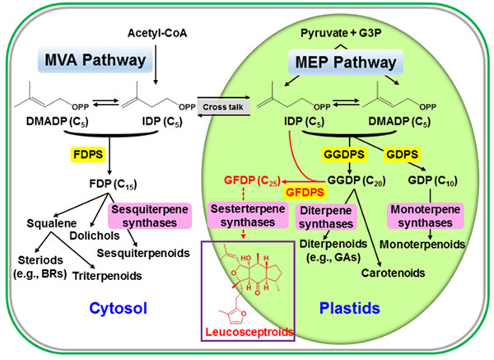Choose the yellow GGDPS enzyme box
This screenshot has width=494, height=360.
point(338,155)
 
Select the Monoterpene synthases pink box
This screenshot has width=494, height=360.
point(427,216)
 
